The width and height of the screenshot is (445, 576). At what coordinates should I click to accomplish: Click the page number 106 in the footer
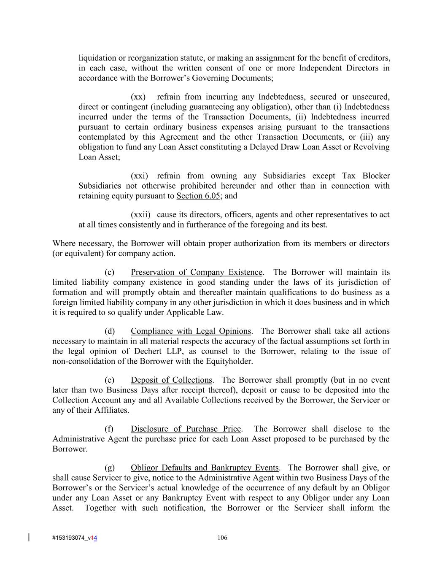click(x=222, y=538)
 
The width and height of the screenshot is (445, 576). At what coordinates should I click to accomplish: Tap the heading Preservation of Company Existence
click(x=197, y=272)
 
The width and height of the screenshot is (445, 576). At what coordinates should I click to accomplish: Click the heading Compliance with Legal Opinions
click(x=191, y=331)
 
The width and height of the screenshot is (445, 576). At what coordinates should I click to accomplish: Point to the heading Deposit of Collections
click(x=171, y=380)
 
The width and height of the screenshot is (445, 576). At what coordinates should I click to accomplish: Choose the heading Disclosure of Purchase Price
click(x=186, y=429)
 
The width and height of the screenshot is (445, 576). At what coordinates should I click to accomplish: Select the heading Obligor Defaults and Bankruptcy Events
click(x=205, y=468)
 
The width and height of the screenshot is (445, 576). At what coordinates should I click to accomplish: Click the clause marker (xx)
click(x=138, y=97)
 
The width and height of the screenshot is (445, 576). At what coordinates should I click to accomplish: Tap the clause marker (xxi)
click(x=139, y=176)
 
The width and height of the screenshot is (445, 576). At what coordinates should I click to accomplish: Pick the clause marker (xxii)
click(x=140, y=215)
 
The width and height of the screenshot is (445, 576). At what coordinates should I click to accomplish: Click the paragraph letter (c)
click(x=109, y=272)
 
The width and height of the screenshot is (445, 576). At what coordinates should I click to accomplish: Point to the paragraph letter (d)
click(x=109, y=331)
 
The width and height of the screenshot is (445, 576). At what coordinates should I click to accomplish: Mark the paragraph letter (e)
click(x=109, y=380)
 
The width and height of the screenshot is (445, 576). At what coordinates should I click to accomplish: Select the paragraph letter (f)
click(x=109, y=429)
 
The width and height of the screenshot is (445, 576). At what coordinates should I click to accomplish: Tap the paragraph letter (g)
click(x=109, y=468)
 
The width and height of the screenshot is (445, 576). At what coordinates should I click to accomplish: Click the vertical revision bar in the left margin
click(x=29, y=537)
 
